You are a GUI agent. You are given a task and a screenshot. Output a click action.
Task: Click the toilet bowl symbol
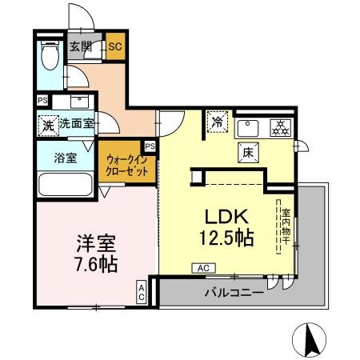[x=50, y=54]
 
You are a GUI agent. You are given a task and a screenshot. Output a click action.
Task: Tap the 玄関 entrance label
[x=81, y=46]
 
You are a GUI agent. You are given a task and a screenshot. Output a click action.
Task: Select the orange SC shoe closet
[x=115, y=46]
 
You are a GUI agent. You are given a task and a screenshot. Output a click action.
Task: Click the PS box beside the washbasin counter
[x=42, y=101]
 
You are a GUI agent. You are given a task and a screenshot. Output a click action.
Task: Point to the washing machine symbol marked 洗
[x=48, y=126]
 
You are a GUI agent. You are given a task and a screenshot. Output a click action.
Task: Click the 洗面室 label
[x=77, y=123]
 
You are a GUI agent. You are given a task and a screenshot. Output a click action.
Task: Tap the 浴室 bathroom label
[x=66, y=158]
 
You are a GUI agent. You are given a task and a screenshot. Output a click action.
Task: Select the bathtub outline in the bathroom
[x=66, y=185]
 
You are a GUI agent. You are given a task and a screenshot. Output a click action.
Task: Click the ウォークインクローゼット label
[x=126, y=166]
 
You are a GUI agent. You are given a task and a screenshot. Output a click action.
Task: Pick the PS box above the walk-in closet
[x=150, y=146]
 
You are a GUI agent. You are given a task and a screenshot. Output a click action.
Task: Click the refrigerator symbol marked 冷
[x=218, y=122]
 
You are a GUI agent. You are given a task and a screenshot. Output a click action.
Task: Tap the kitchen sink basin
[x=248, y=129]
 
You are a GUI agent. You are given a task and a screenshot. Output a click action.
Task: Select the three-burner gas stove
[x=280, y=128]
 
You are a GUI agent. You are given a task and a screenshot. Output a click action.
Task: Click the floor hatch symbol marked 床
[x=248, y=153]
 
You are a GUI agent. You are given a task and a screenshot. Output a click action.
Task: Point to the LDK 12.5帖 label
[x=226, y=227]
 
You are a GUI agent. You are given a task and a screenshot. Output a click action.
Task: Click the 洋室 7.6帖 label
[x=96, y=254]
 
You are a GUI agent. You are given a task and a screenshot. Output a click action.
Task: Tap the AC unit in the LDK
[x=204, y=268]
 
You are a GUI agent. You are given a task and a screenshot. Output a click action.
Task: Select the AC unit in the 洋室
[x=142, y=292]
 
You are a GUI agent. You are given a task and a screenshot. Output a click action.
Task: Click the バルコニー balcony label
[x=234, y=293]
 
